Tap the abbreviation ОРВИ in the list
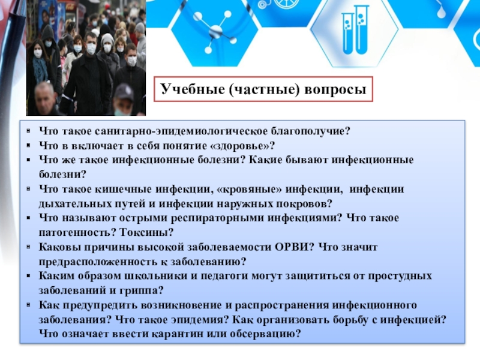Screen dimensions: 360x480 [295, 247]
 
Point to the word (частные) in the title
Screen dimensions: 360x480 [262, 90]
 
